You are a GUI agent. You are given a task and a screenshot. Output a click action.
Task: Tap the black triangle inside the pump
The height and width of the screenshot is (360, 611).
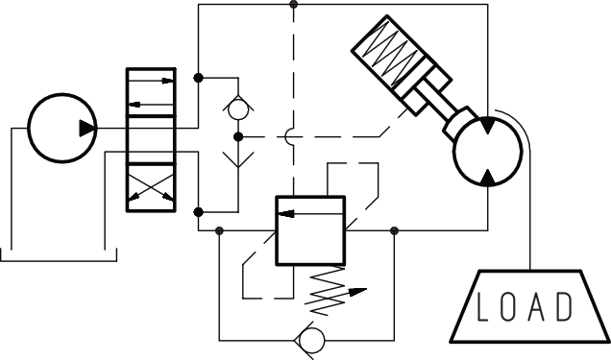pos(87,128)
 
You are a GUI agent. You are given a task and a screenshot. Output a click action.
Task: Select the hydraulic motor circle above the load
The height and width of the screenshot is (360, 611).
pos(487,152)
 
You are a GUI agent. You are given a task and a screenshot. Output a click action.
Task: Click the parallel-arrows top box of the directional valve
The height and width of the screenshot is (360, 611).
pos(152,91)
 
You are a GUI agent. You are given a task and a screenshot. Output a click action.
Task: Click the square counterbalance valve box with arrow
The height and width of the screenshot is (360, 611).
pos(310,229)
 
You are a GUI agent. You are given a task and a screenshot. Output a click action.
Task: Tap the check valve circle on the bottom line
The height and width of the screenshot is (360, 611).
pos(309,341)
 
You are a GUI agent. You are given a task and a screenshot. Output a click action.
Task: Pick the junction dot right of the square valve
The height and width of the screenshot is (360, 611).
pos(395,229)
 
